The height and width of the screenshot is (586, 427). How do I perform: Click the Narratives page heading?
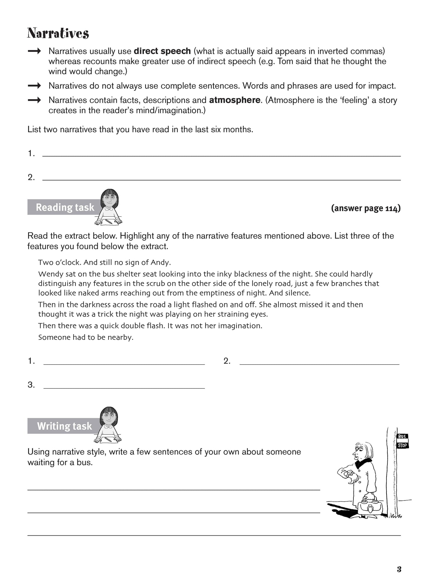pos(58,33)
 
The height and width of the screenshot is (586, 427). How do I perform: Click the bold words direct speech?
pos(162,51)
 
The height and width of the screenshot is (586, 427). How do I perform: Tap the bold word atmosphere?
pos(235,100)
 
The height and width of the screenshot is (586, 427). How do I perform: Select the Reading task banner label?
pos(65,207)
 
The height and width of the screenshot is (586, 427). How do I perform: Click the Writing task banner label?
pos(64,426)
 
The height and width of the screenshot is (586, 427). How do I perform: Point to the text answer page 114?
pos(366,208)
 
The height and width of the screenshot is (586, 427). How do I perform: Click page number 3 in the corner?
pos(399,569)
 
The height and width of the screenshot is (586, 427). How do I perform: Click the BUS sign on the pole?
pos(402,437)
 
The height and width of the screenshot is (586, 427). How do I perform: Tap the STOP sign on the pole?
pos(402,445)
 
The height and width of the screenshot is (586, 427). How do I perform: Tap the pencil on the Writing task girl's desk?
pos(108,439)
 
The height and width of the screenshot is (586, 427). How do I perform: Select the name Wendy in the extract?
pos(49,274)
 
